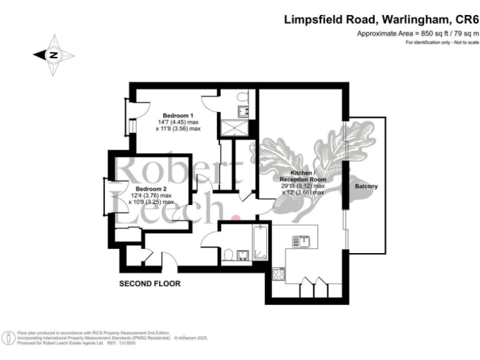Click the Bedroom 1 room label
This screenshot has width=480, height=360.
coord(178,115)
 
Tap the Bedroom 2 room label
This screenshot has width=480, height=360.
coord(151,188)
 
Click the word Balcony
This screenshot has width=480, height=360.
coord(366,187)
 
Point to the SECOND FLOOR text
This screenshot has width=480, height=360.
coord(150,283)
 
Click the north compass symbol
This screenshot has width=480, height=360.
coord(54,56)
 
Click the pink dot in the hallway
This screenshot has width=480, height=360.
coord(236,218)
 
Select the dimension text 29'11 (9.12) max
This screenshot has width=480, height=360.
coord(303,186)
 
